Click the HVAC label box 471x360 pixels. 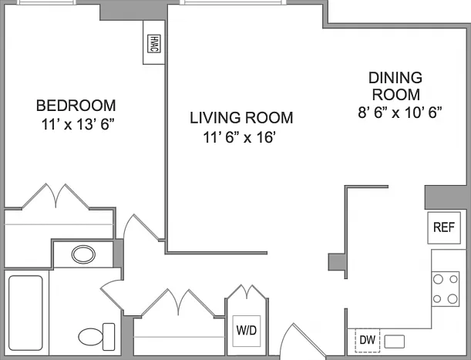tap(154, 44)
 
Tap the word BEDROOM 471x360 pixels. tap(76, 106)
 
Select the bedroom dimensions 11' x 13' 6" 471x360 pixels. tap(78, 124)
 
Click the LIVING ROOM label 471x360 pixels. tap(241, 117)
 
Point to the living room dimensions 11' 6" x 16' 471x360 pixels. tap(240, 138)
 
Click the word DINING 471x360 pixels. tap(395, 78)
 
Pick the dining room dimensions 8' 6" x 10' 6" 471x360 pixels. tap(400, 113)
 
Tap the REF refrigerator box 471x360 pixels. tap(444, 227)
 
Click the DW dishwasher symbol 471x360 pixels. tap(368, 340)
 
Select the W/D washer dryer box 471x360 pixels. tap(247, 331)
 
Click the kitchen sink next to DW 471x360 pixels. tap(395, 341)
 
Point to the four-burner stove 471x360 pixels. tap(446, 289)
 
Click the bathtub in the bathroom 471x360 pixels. tap(25, 313)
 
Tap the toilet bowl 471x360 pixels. tap(91, 337)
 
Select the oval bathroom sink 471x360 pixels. tap(83, 254)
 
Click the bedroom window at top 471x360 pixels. tap(45, 2)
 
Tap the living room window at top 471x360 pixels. tap(233, 2)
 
